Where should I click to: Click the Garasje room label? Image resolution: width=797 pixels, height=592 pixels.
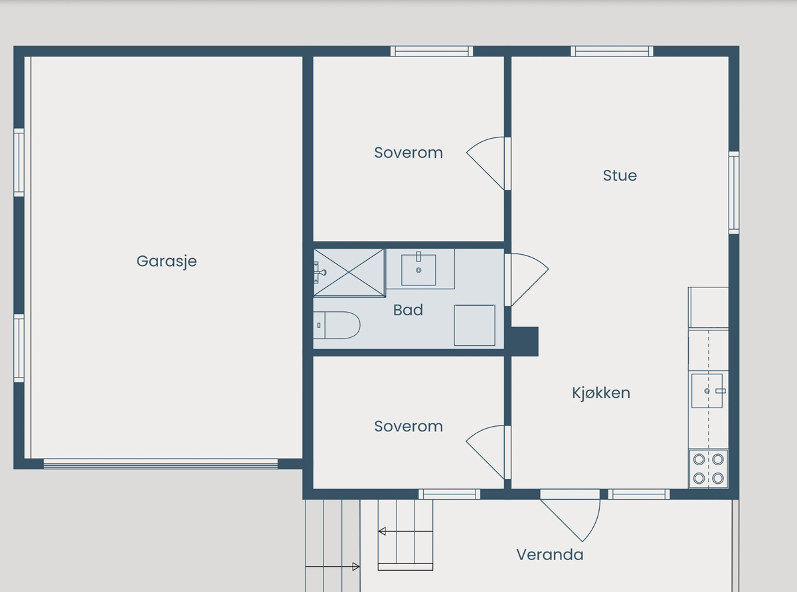[166, 261]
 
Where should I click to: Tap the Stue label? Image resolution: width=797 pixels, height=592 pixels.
[620, 176]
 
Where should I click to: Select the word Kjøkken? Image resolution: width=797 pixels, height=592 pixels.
[601, 393]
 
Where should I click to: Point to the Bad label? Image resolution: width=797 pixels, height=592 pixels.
[408, 310]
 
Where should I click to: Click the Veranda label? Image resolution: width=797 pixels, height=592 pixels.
[550, 555]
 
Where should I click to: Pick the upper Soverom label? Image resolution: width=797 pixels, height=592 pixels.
[408, 153]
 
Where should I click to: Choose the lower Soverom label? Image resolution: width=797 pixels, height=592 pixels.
[408, 426]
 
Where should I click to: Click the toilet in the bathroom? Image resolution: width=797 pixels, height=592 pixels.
[337, 325]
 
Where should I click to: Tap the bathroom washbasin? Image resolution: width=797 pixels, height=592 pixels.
[418, 269]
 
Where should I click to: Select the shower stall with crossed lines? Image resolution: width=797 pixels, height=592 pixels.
[349, 273]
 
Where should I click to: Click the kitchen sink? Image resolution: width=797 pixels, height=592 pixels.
[707, 391]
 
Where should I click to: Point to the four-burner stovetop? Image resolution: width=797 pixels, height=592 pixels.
[708, 469]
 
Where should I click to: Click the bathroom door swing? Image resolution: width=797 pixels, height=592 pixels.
[529, 280]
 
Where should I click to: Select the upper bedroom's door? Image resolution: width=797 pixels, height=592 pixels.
[486, 163]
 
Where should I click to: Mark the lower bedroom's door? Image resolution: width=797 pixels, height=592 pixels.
[486, 452]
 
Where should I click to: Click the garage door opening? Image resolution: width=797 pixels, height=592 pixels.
[161, 464]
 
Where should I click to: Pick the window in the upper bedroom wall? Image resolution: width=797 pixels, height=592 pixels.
[432, 51]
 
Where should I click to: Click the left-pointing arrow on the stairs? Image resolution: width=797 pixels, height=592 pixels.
[405, 531]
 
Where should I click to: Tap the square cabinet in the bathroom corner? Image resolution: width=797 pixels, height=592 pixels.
[475, 325]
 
